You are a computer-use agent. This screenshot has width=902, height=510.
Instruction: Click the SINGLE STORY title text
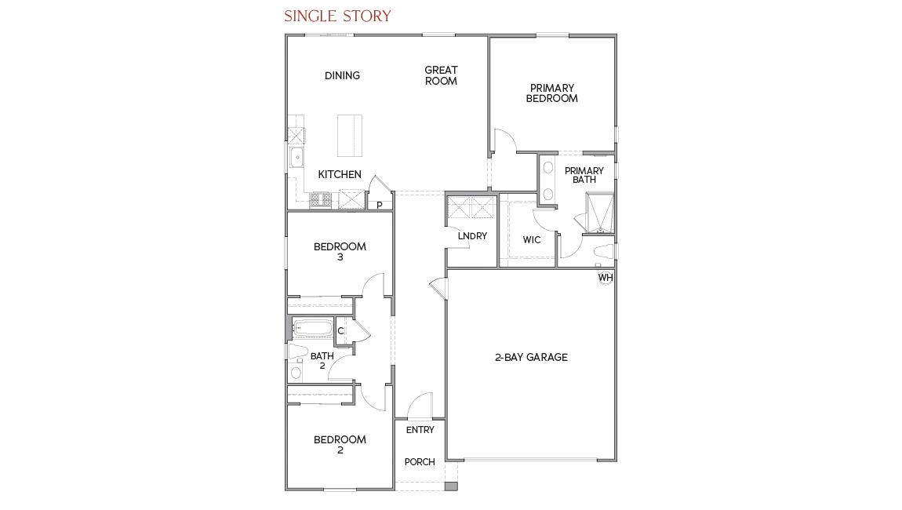(337, 16)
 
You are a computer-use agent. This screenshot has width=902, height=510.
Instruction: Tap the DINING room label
(342, 76)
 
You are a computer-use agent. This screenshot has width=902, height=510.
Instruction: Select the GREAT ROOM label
(441, 75)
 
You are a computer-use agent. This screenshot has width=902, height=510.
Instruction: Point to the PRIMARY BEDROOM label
(551, 93)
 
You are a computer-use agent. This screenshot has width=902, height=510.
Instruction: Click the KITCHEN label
(340, 174)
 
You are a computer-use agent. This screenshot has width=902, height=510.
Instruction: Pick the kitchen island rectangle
(350, 137)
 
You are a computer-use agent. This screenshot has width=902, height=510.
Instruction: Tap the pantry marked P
(380, 205)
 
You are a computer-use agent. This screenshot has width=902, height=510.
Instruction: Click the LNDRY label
(472, 236)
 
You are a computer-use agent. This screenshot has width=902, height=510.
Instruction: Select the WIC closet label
(532, 240)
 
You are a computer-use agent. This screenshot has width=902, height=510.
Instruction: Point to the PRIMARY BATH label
(584, 175)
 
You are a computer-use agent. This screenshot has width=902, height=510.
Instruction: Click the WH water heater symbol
(606, 278)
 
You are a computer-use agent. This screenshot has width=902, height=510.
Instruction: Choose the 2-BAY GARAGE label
(531, 357)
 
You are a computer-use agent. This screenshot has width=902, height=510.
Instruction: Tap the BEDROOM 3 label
(340, 251)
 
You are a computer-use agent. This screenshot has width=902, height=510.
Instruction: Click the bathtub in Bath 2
(312, 329)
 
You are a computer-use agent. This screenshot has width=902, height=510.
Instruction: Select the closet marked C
(341, 331)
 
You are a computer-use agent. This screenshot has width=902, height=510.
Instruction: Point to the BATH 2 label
(322, 361)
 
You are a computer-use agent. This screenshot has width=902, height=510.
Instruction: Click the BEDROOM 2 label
(340, 445)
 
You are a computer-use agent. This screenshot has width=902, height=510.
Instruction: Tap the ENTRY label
(420, 430)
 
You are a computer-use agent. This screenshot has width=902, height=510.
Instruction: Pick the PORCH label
(420, 462)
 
